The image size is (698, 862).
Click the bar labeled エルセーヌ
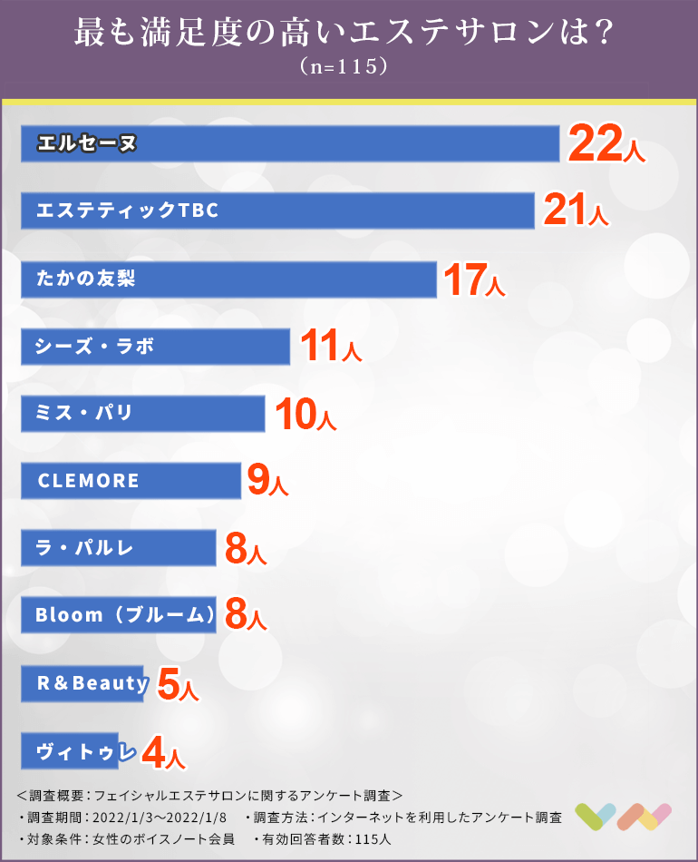point(290,143)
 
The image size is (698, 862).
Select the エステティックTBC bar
point(277,211)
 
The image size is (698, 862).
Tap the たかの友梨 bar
point(228,279)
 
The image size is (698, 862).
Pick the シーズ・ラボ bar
point(155,346)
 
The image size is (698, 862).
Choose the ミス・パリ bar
point(142,413)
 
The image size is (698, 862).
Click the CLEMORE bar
point(131,480)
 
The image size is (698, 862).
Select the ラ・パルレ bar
point(118,547)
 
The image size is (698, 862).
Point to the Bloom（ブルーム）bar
point(118,615)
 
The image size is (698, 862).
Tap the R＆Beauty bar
point(83,682)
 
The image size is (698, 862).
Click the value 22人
point(606,144)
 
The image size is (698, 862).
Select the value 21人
point(575,211)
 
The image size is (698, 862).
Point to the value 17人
point(473,280)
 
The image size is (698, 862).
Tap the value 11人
point(330,348)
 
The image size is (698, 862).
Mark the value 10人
point(304,415)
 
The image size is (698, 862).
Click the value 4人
point(163,752)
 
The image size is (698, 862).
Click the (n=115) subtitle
point(349,69)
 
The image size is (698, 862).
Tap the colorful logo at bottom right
point(624,816)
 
